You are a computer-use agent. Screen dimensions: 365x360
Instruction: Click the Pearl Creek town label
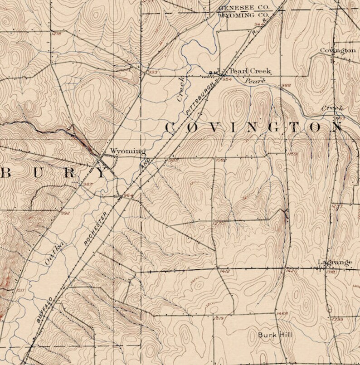coord(250,71)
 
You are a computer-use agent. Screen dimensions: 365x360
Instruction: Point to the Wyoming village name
coord(128,151)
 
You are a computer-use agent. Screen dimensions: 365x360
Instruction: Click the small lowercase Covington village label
coord(337,50)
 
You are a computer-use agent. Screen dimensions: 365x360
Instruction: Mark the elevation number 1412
coord(224,271)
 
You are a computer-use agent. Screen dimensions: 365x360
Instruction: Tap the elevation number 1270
coord(219,224)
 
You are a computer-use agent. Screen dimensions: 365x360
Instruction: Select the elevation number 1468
coord(282,313)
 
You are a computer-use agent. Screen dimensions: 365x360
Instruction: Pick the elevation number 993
coord(152,72)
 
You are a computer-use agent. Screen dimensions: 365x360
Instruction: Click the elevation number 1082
coord(221,160)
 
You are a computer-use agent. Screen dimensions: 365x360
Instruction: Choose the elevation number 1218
coord(57,34)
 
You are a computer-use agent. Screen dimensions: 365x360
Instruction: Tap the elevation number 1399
coord(337,320)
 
